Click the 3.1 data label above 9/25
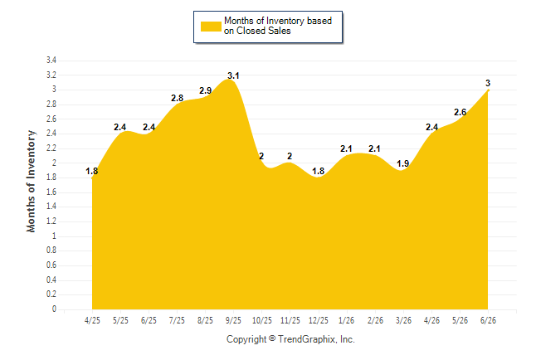pyautogui.click(x=233, y=75)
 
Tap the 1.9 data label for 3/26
pyautogui.click(x=403, y=163)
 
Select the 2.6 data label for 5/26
pyautogui.click(x=460, y=112)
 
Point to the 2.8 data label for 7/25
pyautogui.click(x=177, y=98)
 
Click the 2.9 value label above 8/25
pyautogui.click(x=206, y=90)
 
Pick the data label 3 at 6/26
pyautogui.click(x=488, y=83)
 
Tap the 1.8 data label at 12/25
pyautogui.click(x=319, y=171)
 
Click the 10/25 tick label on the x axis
pyautogui.click(x=262, y=320)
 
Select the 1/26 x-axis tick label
pyautogui.click(x=347, y=320)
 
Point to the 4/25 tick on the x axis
pyautogui.click(x=92, y=320)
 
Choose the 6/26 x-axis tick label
pyautogui.click(x=488, y=320)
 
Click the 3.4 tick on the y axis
pyautogui.click(x=51, y=61)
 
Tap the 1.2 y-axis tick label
pyautogui.click(x=51, y=221)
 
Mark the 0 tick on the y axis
pyautogui.click(x=54, y=309)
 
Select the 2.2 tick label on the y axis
pyautogui.click(x=51, y=148)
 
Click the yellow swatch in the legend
pyautogui.click(x=211, y=27)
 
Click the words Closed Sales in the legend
pyautogui.click(x=264, y=31)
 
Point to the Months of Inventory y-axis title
pyautogui.click(x=31, y=181)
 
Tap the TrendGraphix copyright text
pyautogui.click(x=290, y=339)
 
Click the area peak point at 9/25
pyautogui.click(x=230, y=80)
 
